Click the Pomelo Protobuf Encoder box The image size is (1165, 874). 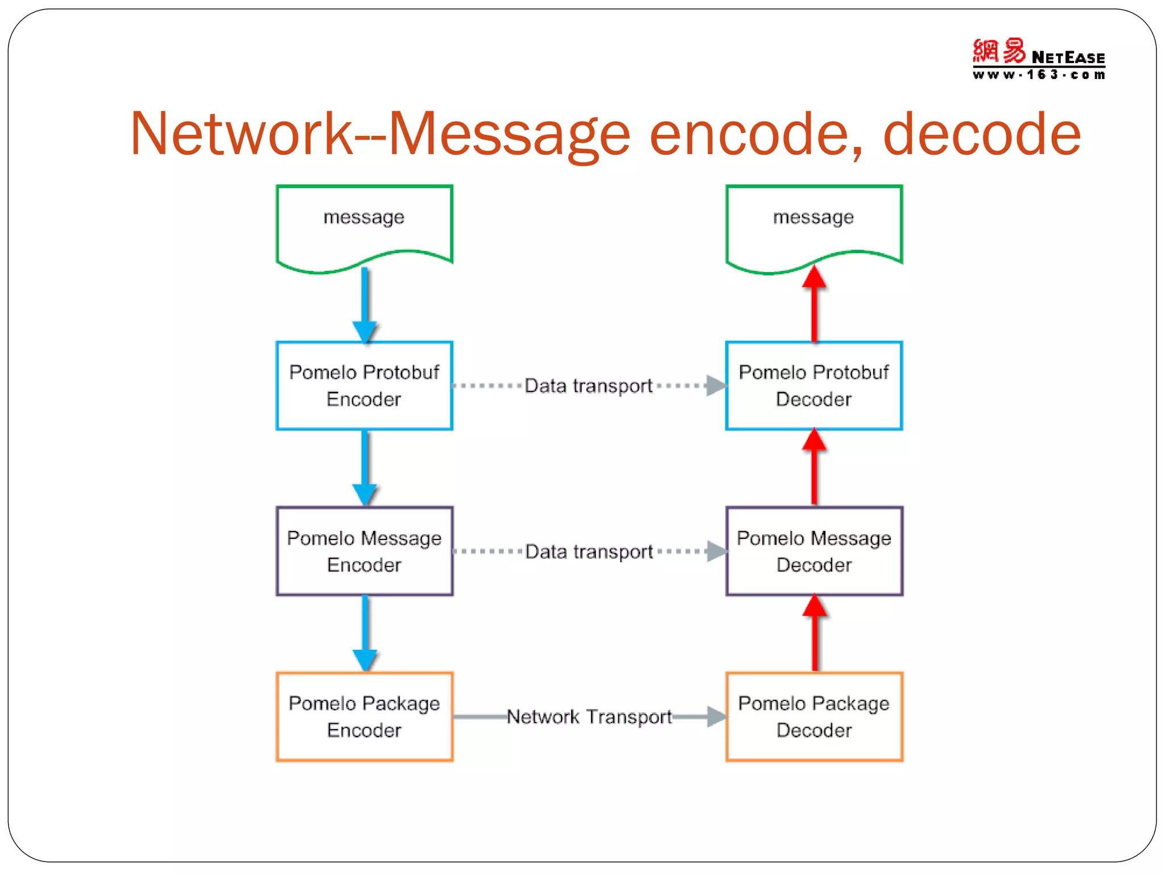click(364, 386)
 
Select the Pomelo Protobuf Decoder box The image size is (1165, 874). click(813, 386)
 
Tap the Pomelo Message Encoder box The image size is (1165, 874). click(364, 551)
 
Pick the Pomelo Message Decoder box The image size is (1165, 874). click(813, 551)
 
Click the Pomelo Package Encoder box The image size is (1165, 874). click(364, 716)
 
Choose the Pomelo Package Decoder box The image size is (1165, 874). click(813, 716)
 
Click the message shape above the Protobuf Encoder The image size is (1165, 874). click(364, 225)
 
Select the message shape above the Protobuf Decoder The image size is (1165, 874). click(813, 225)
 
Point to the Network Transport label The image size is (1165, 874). click(589, 717)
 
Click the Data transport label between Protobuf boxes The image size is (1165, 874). click(588, 386)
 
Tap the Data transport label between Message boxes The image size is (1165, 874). click(589, 551)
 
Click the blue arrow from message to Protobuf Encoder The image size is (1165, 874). click(365, 304)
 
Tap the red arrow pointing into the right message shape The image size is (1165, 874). click(815, 304)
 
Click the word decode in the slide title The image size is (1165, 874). click(981, 134)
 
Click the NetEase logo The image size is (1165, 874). click(1038, 52)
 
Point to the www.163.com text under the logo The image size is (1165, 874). click(1038, 75)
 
